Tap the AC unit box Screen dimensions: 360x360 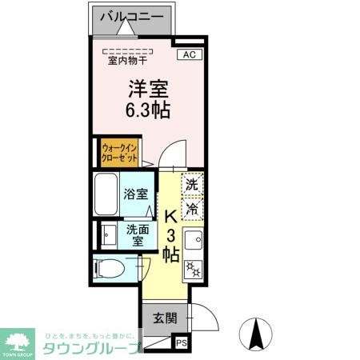pyautogui.click(x=189, y=54)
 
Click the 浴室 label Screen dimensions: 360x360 pyautogui.click(x=135, y=194)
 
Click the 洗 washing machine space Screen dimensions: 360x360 pyautogui.click(x=192, y=184)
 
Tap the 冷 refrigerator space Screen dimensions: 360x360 pyautogui.click(x=192, y=209)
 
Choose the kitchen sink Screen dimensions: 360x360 pyautogui.click(x=193, y=239)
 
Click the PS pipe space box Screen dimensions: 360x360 pyautogui.click(x=182, y=345)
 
